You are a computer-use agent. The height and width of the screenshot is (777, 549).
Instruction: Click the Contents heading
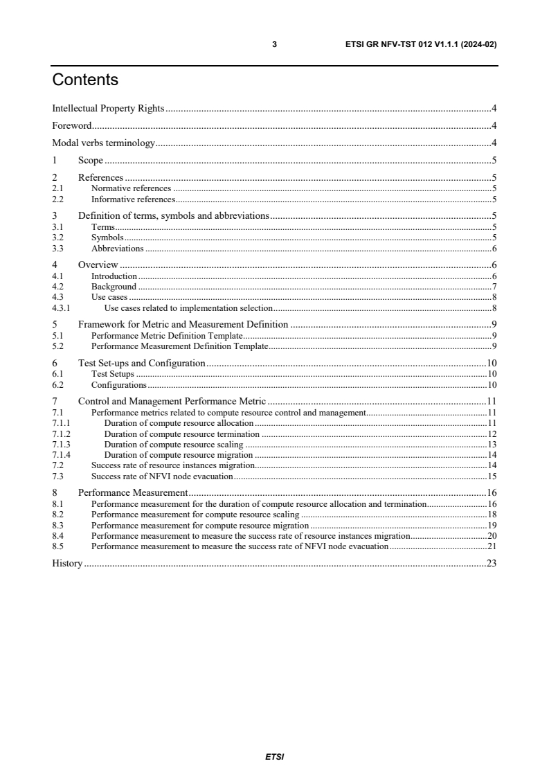[85, 80]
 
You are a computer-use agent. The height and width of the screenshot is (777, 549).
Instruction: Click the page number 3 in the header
[274, 44]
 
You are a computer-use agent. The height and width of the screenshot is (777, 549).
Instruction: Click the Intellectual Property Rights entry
[108, 108]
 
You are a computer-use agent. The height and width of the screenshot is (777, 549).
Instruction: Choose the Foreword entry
[72, 126]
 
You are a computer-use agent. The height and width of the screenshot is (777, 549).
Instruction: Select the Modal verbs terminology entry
[104, 144]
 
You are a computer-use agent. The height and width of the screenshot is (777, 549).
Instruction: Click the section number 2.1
[57, 188]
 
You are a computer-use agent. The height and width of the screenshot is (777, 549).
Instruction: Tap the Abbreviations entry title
[117, 249]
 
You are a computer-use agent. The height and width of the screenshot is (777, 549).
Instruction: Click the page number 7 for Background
[494, 287]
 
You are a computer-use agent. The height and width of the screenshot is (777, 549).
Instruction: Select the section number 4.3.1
[62, 307]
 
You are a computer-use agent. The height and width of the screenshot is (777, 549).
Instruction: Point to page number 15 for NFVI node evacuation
[492, 476]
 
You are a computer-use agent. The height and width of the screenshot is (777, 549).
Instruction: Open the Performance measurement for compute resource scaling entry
[195, 515]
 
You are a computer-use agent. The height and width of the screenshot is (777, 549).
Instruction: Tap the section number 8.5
[57, 546]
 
